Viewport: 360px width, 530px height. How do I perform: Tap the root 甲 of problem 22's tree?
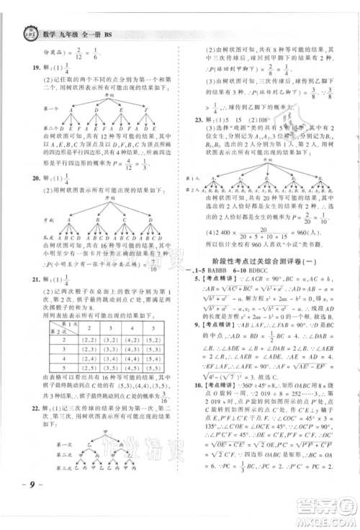pos(107,445)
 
